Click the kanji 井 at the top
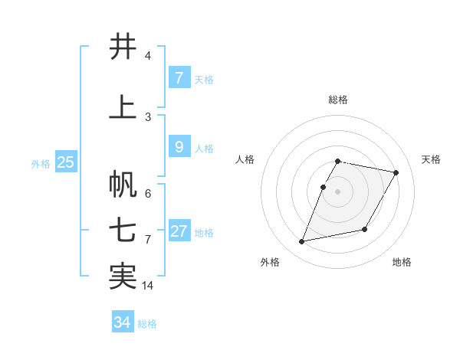pyautogui.click(x=123, y=47)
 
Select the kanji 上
pyautogui.click(x=123, y=107)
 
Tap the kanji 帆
pyautogui.click(x=123, y=184)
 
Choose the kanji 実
pyautogui.click(x=123, y=277)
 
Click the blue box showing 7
pyautogui.click(x=179, y=77)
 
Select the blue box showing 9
pyautogui.click(x=179, y=147)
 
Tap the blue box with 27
pyautogui.click(x=179, y=231)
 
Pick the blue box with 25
pyautogui.click(x=65, y=162)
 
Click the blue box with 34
pyautogui.click(x=122, y=322)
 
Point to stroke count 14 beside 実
pyautogui.click(x=148, y=286)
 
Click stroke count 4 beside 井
pyautogui.click(x=148, y=56)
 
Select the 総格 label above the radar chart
pyautogui.click(x=338, y=100)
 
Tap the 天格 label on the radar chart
pyautogui.click(x=431, y=159)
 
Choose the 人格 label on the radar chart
pyautogui.click(x=245, y=159)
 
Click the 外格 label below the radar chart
pyautogui.click(x=270, y=262)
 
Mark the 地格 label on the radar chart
pyautogui.click(x=402, y=262)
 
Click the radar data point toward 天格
pyautogui.click(x=396, y=173)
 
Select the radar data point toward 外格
pyautogui.click(x=302, y=242)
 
